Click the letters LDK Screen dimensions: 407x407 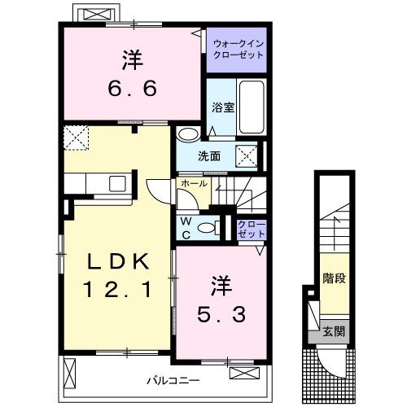118,262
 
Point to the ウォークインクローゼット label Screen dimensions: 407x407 235,49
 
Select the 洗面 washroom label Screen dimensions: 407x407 209,156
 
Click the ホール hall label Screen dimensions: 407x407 194,185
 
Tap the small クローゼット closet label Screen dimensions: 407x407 251,229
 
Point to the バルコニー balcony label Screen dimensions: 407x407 173,379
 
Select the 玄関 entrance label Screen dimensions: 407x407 334,331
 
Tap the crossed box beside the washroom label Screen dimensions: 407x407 247,155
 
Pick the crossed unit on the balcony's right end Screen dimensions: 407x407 243,372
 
